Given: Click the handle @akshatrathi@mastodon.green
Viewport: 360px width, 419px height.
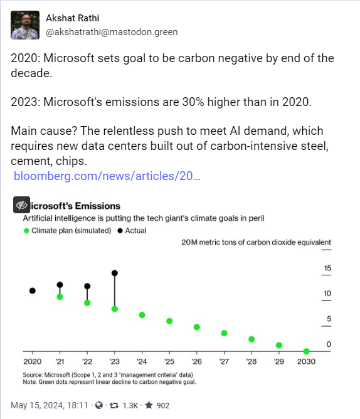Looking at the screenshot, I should [x=112, y=31].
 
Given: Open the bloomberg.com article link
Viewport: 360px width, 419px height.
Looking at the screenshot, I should [x=107, y=176].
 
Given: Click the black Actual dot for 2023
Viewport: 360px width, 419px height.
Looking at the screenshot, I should [x=115, y=273].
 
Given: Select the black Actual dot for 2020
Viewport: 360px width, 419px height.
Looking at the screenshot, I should [x=33, y=290].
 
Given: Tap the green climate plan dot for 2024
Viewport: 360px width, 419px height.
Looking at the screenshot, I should [x=142, y=314].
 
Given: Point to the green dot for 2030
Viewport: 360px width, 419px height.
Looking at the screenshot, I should [x=306, y=351].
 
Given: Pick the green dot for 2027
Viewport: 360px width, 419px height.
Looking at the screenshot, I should [x=224, y=333].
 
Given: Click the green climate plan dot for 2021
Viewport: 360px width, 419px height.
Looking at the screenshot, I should [x=60, y=296].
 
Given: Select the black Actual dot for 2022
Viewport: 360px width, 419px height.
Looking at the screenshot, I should [x=87, y=286].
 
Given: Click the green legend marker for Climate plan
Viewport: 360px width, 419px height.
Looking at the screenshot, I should [x=26, y=231].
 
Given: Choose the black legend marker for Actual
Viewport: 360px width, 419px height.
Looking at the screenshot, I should [x=119, y=231].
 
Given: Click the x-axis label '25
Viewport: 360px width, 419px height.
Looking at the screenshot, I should [x=169, y=362].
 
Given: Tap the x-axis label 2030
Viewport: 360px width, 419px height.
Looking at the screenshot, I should [x=306, y=362].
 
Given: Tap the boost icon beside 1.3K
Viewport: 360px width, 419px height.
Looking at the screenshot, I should [x=115, y=405].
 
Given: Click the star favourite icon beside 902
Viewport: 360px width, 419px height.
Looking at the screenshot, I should [x=149, y=405].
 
